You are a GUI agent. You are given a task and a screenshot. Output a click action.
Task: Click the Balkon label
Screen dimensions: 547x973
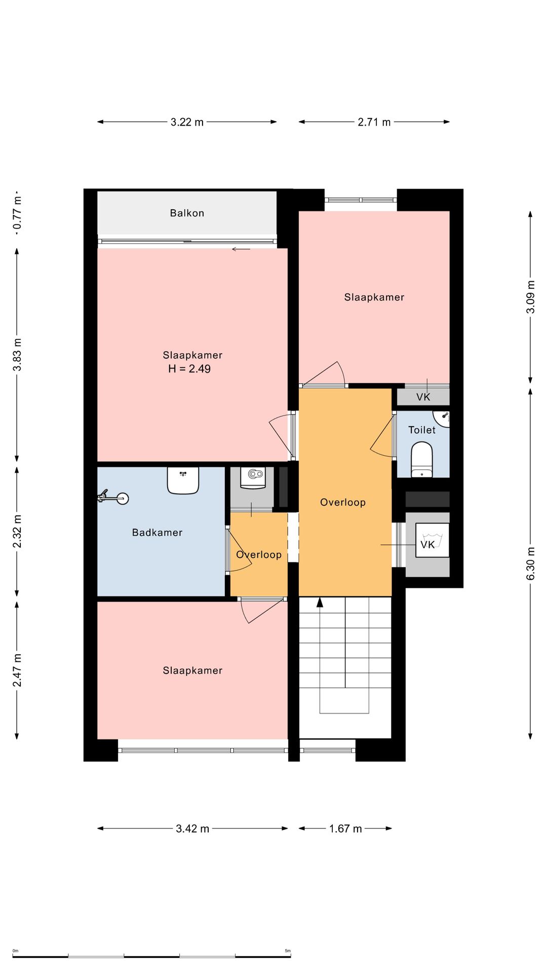click(x=187, y=213)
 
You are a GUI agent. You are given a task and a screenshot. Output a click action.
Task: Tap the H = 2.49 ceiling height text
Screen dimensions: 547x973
click(x=189, y=369)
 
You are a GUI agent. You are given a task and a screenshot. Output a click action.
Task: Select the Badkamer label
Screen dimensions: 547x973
click(x=157, y=533)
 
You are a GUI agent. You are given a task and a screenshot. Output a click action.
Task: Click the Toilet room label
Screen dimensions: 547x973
click(x=422, y=430)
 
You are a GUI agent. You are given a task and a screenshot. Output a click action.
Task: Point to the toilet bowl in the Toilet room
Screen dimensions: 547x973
click(x=422, y=460)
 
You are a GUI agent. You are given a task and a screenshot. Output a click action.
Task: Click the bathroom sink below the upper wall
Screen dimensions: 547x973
click(x=183, y=480)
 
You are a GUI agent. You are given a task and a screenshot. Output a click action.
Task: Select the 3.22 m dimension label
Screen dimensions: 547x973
click(x=187, y=122)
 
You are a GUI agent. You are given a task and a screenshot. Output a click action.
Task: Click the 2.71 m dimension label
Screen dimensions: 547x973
click(x=374, y=122)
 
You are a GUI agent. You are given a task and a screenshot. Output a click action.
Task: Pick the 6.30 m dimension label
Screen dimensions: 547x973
click(x=531, y=564)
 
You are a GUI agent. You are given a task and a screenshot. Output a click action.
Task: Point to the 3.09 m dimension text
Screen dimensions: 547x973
click(x=531, y=297)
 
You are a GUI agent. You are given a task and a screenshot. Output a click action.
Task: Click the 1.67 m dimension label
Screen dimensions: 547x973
click(x=345, y=829)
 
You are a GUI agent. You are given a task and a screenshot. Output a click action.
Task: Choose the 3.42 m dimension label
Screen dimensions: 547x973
click(x=192, y=829)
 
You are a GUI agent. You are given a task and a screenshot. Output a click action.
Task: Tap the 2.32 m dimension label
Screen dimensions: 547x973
click(x=17, y=531)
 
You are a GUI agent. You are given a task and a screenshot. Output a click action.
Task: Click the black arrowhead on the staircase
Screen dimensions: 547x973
click(x=320, y=602)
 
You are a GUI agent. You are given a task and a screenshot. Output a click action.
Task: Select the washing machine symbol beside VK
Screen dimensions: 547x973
click(x=432, y=540)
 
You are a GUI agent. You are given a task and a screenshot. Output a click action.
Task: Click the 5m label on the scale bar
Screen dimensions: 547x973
click(x=288, y=951)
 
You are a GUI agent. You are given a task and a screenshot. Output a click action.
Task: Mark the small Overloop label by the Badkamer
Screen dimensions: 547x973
click(x=259, y=555)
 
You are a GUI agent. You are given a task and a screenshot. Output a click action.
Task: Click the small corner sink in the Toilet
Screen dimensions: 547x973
click(x=442, y=419)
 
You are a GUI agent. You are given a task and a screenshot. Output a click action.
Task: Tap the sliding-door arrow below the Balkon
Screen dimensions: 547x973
click(x=241, y=249)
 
